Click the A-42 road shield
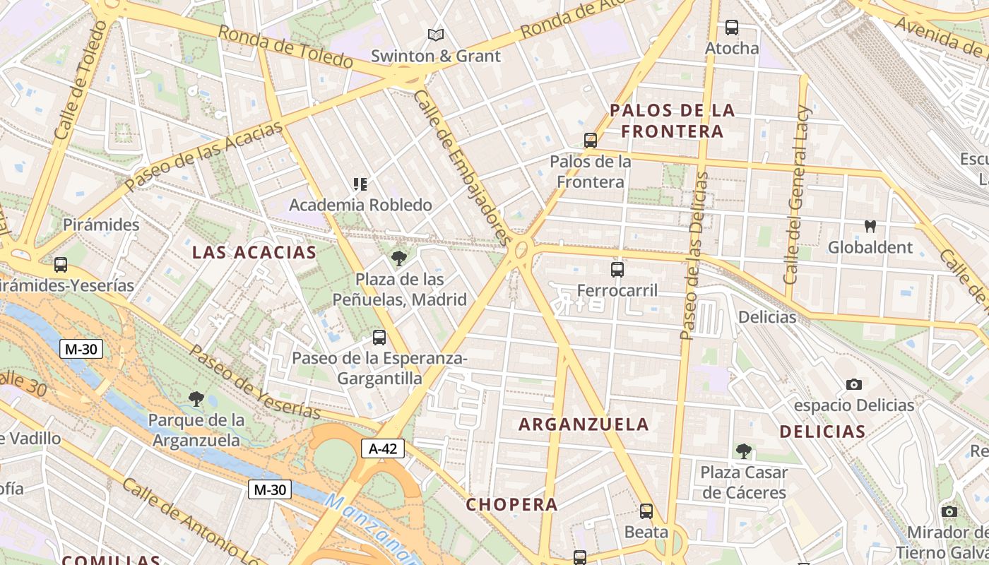[383, 448]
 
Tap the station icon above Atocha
[732, 28]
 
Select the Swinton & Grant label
[435, 56]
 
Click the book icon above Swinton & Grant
[436, 35]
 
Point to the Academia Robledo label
[360, 205]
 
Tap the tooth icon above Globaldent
[870, 227]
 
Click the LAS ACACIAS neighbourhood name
[254, 252]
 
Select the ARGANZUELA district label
[584, 424]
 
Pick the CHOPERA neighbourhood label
[512, 504]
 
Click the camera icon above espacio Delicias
[854, 385]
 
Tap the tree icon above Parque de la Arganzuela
[197, 400]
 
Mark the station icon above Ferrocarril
[617, 270]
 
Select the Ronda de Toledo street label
[285, 47]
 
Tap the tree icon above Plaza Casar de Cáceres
[743, 451]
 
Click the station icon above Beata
[646, 511]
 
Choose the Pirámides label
[101, 225]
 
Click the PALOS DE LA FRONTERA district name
[673, 120]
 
